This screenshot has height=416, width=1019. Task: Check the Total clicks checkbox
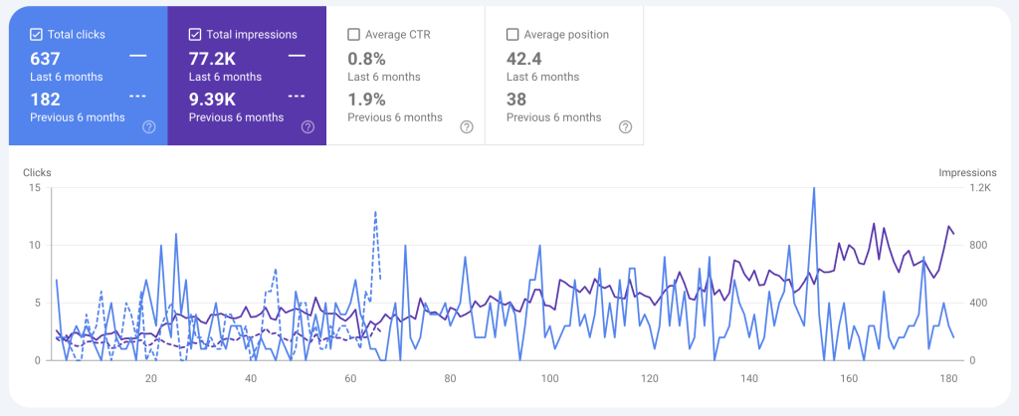(36, 35)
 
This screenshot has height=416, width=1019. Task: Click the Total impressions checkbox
(195, 35)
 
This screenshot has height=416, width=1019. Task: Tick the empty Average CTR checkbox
(353, 35)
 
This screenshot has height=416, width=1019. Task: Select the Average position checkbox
(512, 35)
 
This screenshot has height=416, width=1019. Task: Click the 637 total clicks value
(46, 58)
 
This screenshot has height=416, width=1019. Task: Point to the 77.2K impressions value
(212, 58)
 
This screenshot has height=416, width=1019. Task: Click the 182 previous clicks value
(46, 99)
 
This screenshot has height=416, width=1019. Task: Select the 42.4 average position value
(524, 58)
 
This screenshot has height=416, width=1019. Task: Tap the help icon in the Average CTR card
(467, 126)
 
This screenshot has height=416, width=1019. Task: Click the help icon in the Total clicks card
(149, 126)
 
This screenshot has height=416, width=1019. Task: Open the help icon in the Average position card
(625, 126)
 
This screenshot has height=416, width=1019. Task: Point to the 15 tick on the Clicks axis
(34, 187)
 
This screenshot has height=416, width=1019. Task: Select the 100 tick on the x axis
(549, 378)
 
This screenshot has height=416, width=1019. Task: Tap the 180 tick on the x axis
(948, 378)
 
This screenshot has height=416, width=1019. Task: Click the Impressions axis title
(967, 172)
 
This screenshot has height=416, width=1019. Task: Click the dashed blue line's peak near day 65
(375, 212)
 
